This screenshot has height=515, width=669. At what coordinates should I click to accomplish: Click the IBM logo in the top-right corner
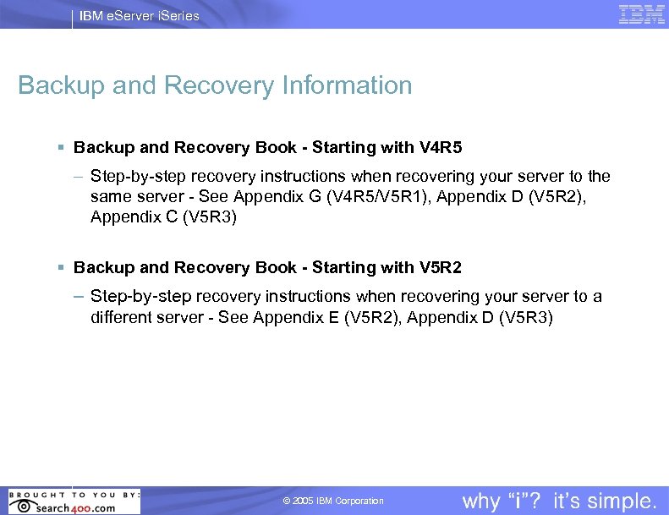coord(641,14)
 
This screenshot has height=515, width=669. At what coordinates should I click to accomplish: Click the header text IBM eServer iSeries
coord(139,15)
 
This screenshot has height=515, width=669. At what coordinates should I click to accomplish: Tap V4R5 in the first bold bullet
coord(440,148)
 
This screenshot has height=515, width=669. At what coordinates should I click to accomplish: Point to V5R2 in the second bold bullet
coord(440,268)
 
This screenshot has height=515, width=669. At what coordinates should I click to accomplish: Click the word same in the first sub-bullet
coord(109,197)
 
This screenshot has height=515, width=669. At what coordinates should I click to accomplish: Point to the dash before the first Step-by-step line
coord(78,177)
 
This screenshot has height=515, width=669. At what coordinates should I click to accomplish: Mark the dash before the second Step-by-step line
coord(78,297)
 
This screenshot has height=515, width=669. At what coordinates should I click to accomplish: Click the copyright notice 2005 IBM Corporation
coord(333,501)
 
